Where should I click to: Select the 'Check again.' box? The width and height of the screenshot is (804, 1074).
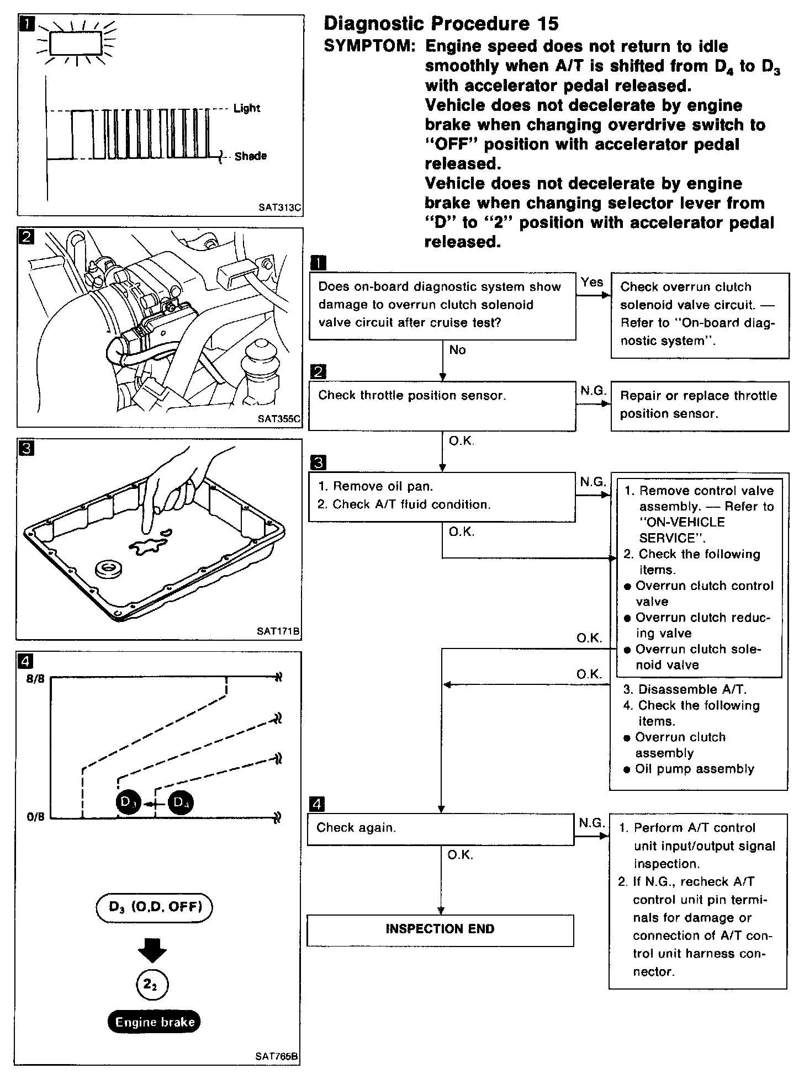[x=441, y=828]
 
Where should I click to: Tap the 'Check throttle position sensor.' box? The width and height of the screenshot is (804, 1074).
[x=442, y=406]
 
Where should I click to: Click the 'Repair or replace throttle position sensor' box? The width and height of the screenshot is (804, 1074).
[x=700, y=405]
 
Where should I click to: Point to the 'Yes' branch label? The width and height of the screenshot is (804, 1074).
[x=592, y=282]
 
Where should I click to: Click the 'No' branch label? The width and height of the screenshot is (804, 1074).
[x=457, y=350]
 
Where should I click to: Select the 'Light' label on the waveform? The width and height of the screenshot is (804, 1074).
[x=247, y=108]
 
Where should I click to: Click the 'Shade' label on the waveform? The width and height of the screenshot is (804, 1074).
[x=250, y=156]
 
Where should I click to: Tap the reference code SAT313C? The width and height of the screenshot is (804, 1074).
[x=280, y=208]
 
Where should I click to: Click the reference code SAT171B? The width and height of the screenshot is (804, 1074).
[x=278, y=631]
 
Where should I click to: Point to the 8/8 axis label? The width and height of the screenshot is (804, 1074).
[x=35, y=679]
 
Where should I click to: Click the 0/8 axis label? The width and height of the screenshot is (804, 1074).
[x=35, y=817]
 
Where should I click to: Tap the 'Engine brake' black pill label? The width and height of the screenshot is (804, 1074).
[x=155, y=1022]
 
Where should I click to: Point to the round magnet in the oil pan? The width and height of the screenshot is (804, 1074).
[x=108, y=569]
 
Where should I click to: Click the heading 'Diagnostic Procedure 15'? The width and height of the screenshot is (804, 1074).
[x=441, y=23]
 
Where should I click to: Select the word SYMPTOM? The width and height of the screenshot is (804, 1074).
[x=369, y=46]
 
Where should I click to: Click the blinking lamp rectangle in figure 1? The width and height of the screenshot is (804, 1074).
[x=76, y=43]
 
